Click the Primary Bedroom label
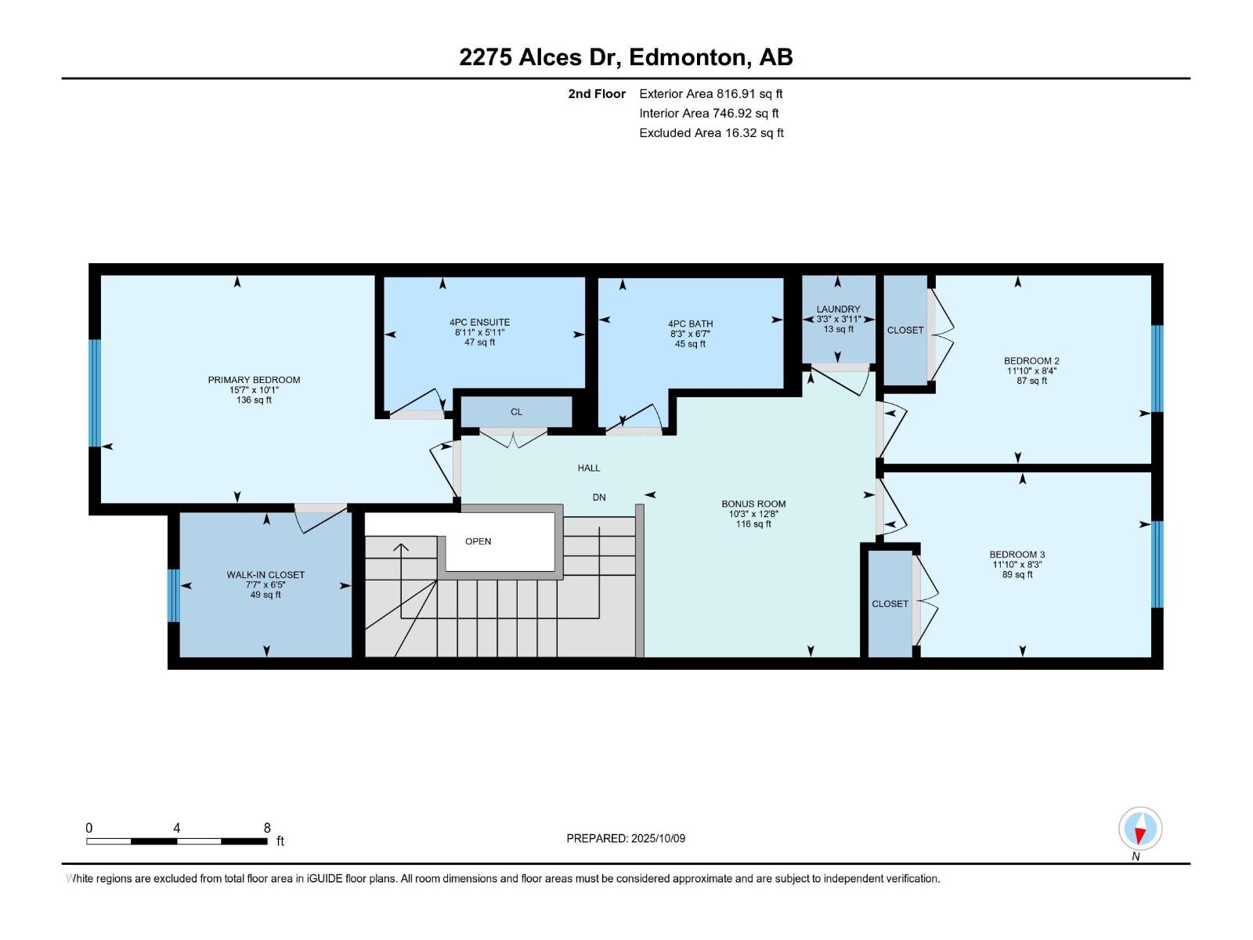tap(254, 380)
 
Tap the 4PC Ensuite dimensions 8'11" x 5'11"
tap(479, 332)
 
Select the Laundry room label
tap(838, 309)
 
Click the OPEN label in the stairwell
tap(478, 541)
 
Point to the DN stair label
tap(599, 497)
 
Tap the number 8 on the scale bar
tap(267, 828)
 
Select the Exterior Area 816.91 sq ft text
tap(710, 94)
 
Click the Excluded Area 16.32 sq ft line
tap(710, 133)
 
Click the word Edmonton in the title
tap(687, 57)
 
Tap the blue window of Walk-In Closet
tap(174, 595)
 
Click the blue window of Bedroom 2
tap(1157, 368)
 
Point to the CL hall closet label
tap(516, 412)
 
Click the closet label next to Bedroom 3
tap(890, 604)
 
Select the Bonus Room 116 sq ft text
tap(753, 524)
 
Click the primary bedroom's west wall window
tap(95, 392)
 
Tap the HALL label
tap(589, 468)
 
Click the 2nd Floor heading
tap(597, 94)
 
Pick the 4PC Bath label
tap(690, 324)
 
